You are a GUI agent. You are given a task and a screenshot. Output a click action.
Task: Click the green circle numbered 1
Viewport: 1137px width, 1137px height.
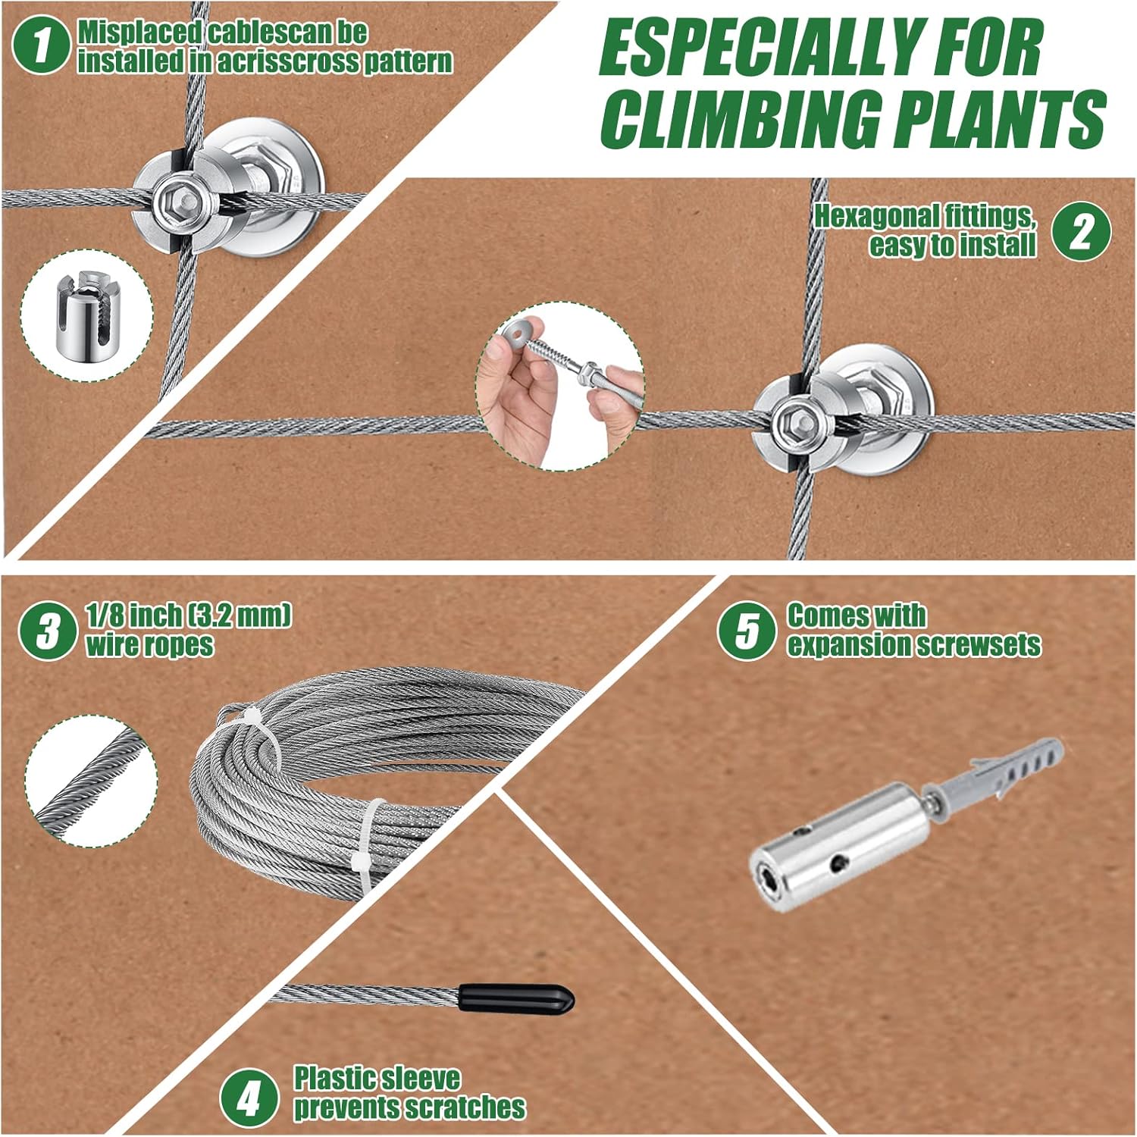[x=42, y=45]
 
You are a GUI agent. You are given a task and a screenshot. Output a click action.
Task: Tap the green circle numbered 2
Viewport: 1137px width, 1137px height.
[x=1082, y=232]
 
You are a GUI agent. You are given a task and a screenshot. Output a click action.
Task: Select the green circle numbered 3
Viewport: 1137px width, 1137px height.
[x=48, y=631]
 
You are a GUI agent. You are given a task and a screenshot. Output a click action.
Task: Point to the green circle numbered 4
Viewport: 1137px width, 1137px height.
[x=249, y=1098]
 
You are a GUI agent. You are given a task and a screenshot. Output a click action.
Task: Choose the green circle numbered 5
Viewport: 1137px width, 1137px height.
[x=747, y=631]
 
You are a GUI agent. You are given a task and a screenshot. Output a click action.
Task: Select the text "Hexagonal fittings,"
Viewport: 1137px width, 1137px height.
[x=925, y=217]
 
